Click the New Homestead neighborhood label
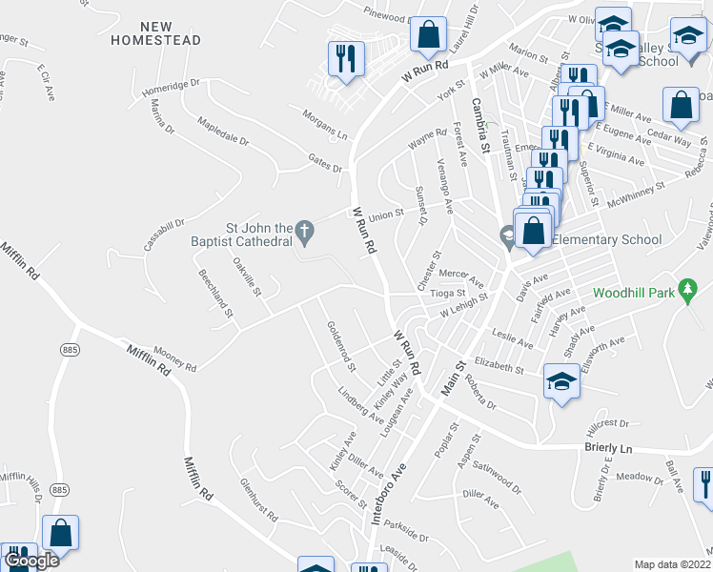(x=155, y=32)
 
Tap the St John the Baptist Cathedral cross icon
(x=304, y=230)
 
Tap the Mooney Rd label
(x=174, y=358)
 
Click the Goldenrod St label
(x=340, y=346)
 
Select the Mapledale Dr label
(x=222, y=132)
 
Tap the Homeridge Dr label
(x=170, y=88)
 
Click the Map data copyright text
(x=673, y=564)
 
